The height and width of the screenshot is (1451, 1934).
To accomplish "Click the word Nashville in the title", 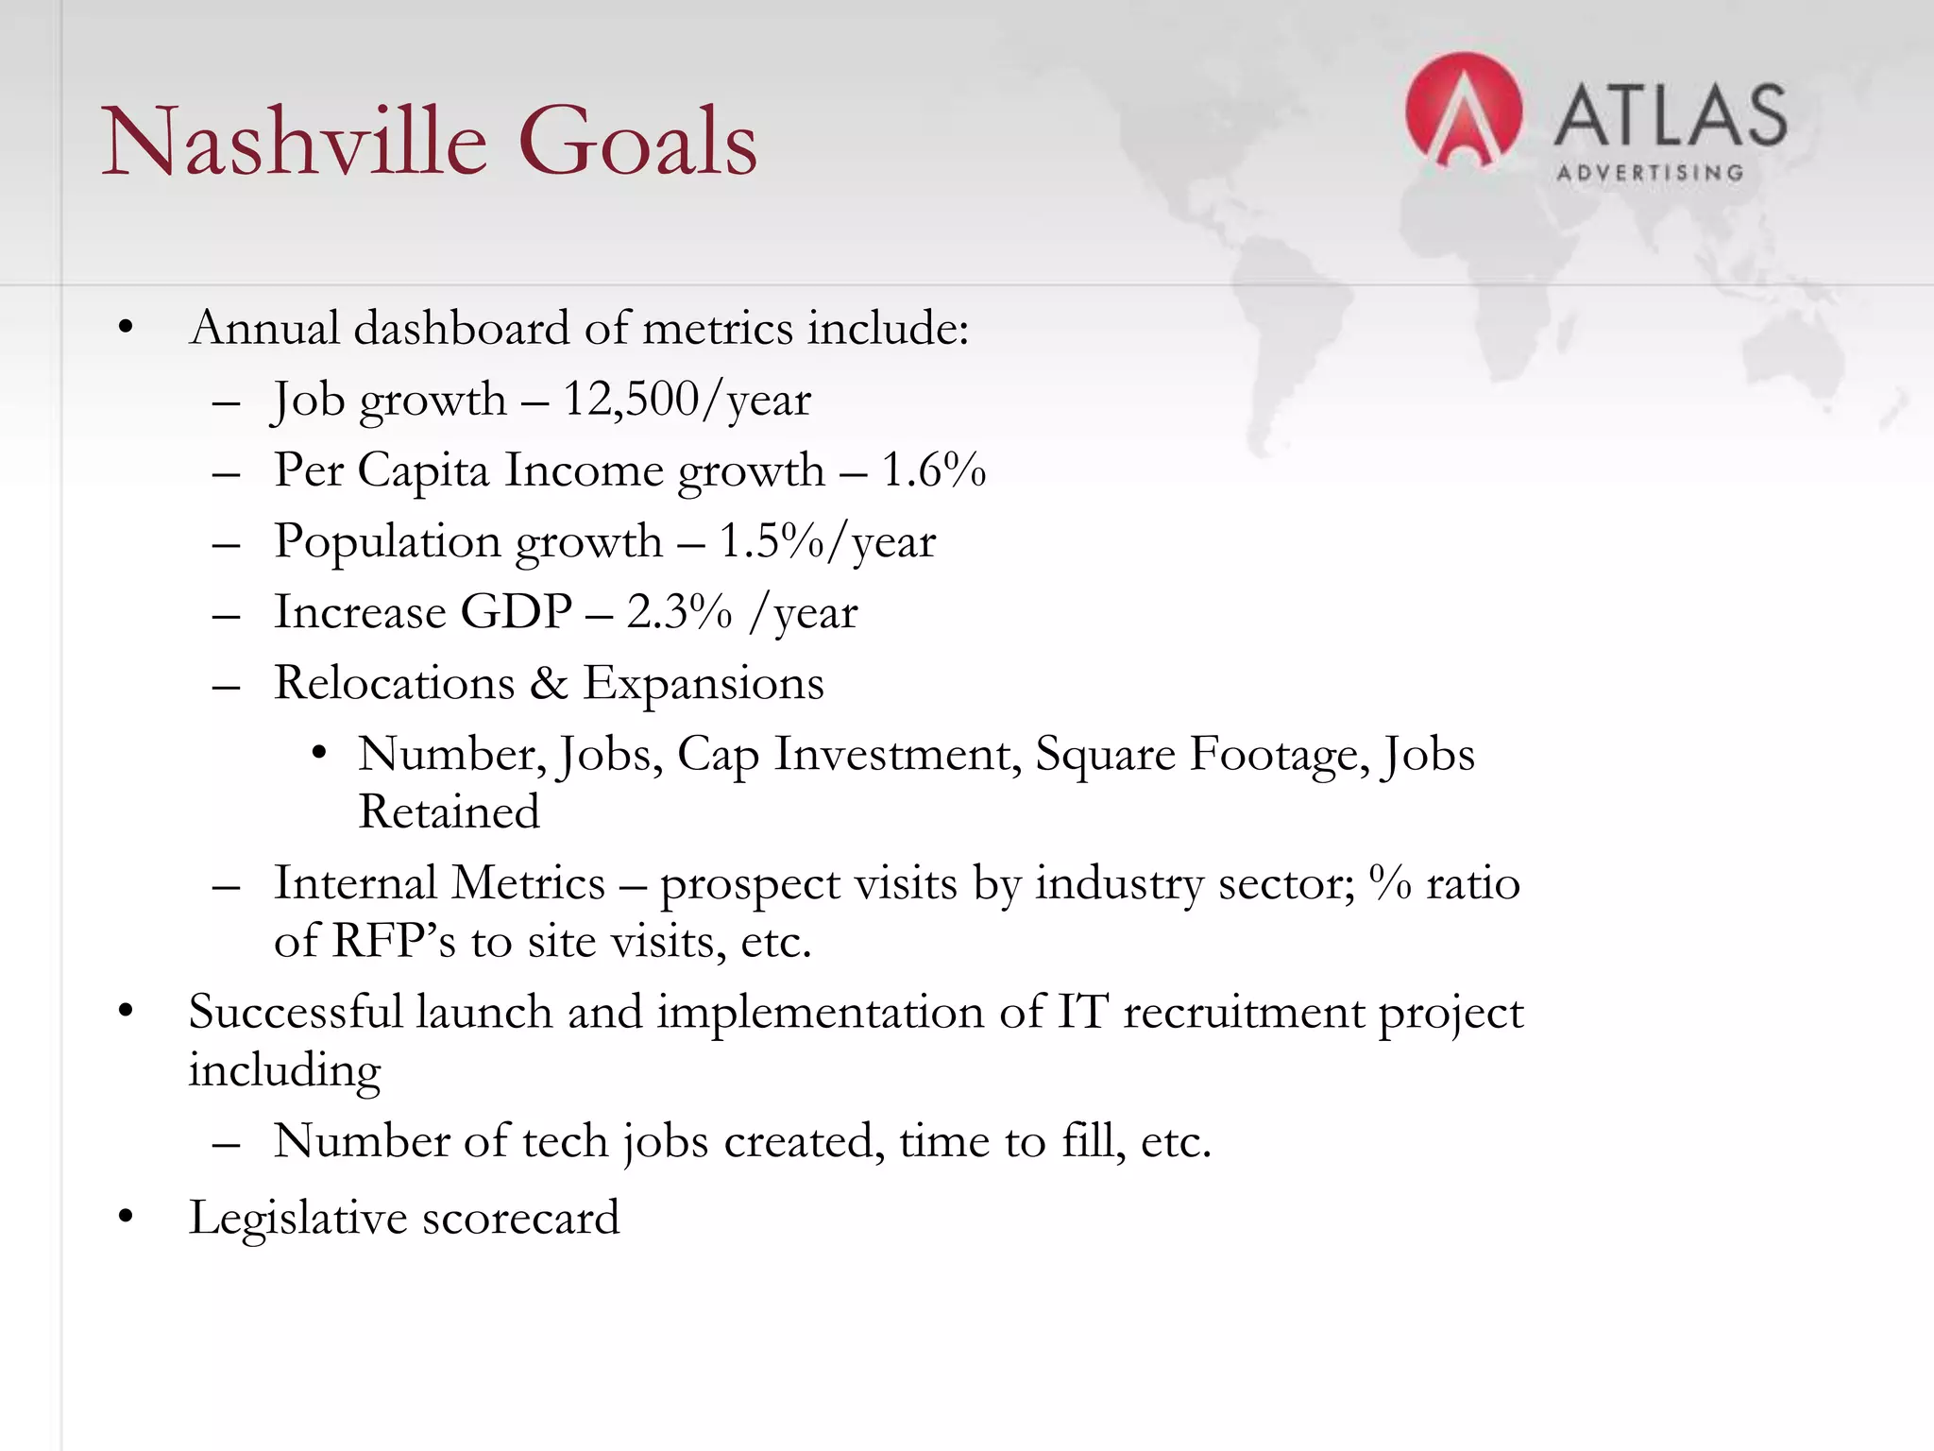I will [x=294, y=142].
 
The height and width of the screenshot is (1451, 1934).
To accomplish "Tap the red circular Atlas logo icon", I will [x=1463, y=111].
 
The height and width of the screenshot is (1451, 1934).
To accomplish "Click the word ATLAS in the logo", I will [x=1670, y=115].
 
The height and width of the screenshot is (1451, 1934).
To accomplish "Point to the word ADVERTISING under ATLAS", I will [x=1649, y=173].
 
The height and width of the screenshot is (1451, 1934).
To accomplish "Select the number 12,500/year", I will [x=687, y=400].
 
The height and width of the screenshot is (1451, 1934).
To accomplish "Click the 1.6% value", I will [x=933, y=470].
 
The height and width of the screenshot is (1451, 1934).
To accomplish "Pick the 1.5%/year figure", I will [x=827, y=542].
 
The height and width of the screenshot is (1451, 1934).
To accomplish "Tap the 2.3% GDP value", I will [x=679, y=612].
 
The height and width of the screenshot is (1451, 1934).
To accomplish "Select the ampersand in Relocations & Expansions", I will [x=548, y=683].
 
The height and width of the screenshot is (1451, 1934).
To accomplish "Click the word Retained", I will [x=449, y=812].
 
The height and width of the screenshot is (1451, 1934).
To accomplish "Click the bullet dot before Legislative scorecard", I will [x=126, y=1218].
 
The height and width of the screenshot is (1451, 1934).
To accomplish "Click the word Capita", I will [x=423, y=470].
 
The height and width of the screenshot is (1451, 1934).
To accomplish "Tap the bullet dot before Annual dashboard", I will [x=126, y=329].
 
